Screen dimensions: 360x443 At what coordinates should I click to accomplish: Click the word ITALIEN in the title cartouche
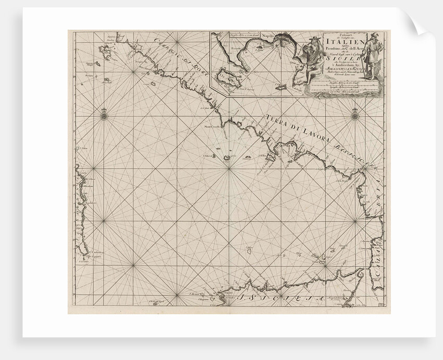pyautogui.click(x=339, y=41)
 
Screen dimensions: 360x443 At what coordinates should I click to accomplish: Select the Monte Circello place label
pyautogui.click(x=214, y=127)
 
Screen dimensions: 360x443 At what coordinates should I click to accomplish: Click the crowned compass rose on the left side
pyautogui.click(x=103, y=114)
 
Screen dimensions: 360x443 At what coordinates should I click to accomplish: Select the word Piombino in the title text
pyautogui.click(x=334, y=49)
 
